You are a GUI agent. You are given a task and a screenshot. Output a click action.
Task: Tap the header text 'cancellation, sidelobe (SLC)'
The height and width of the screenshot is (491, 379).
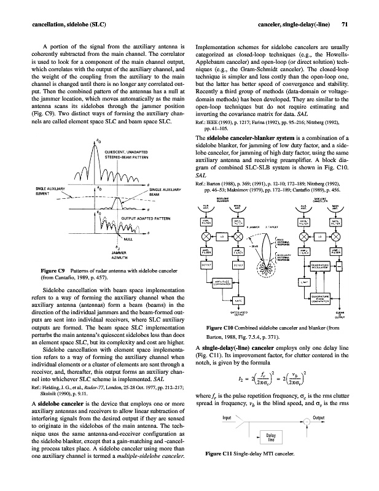click(60, 25)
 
